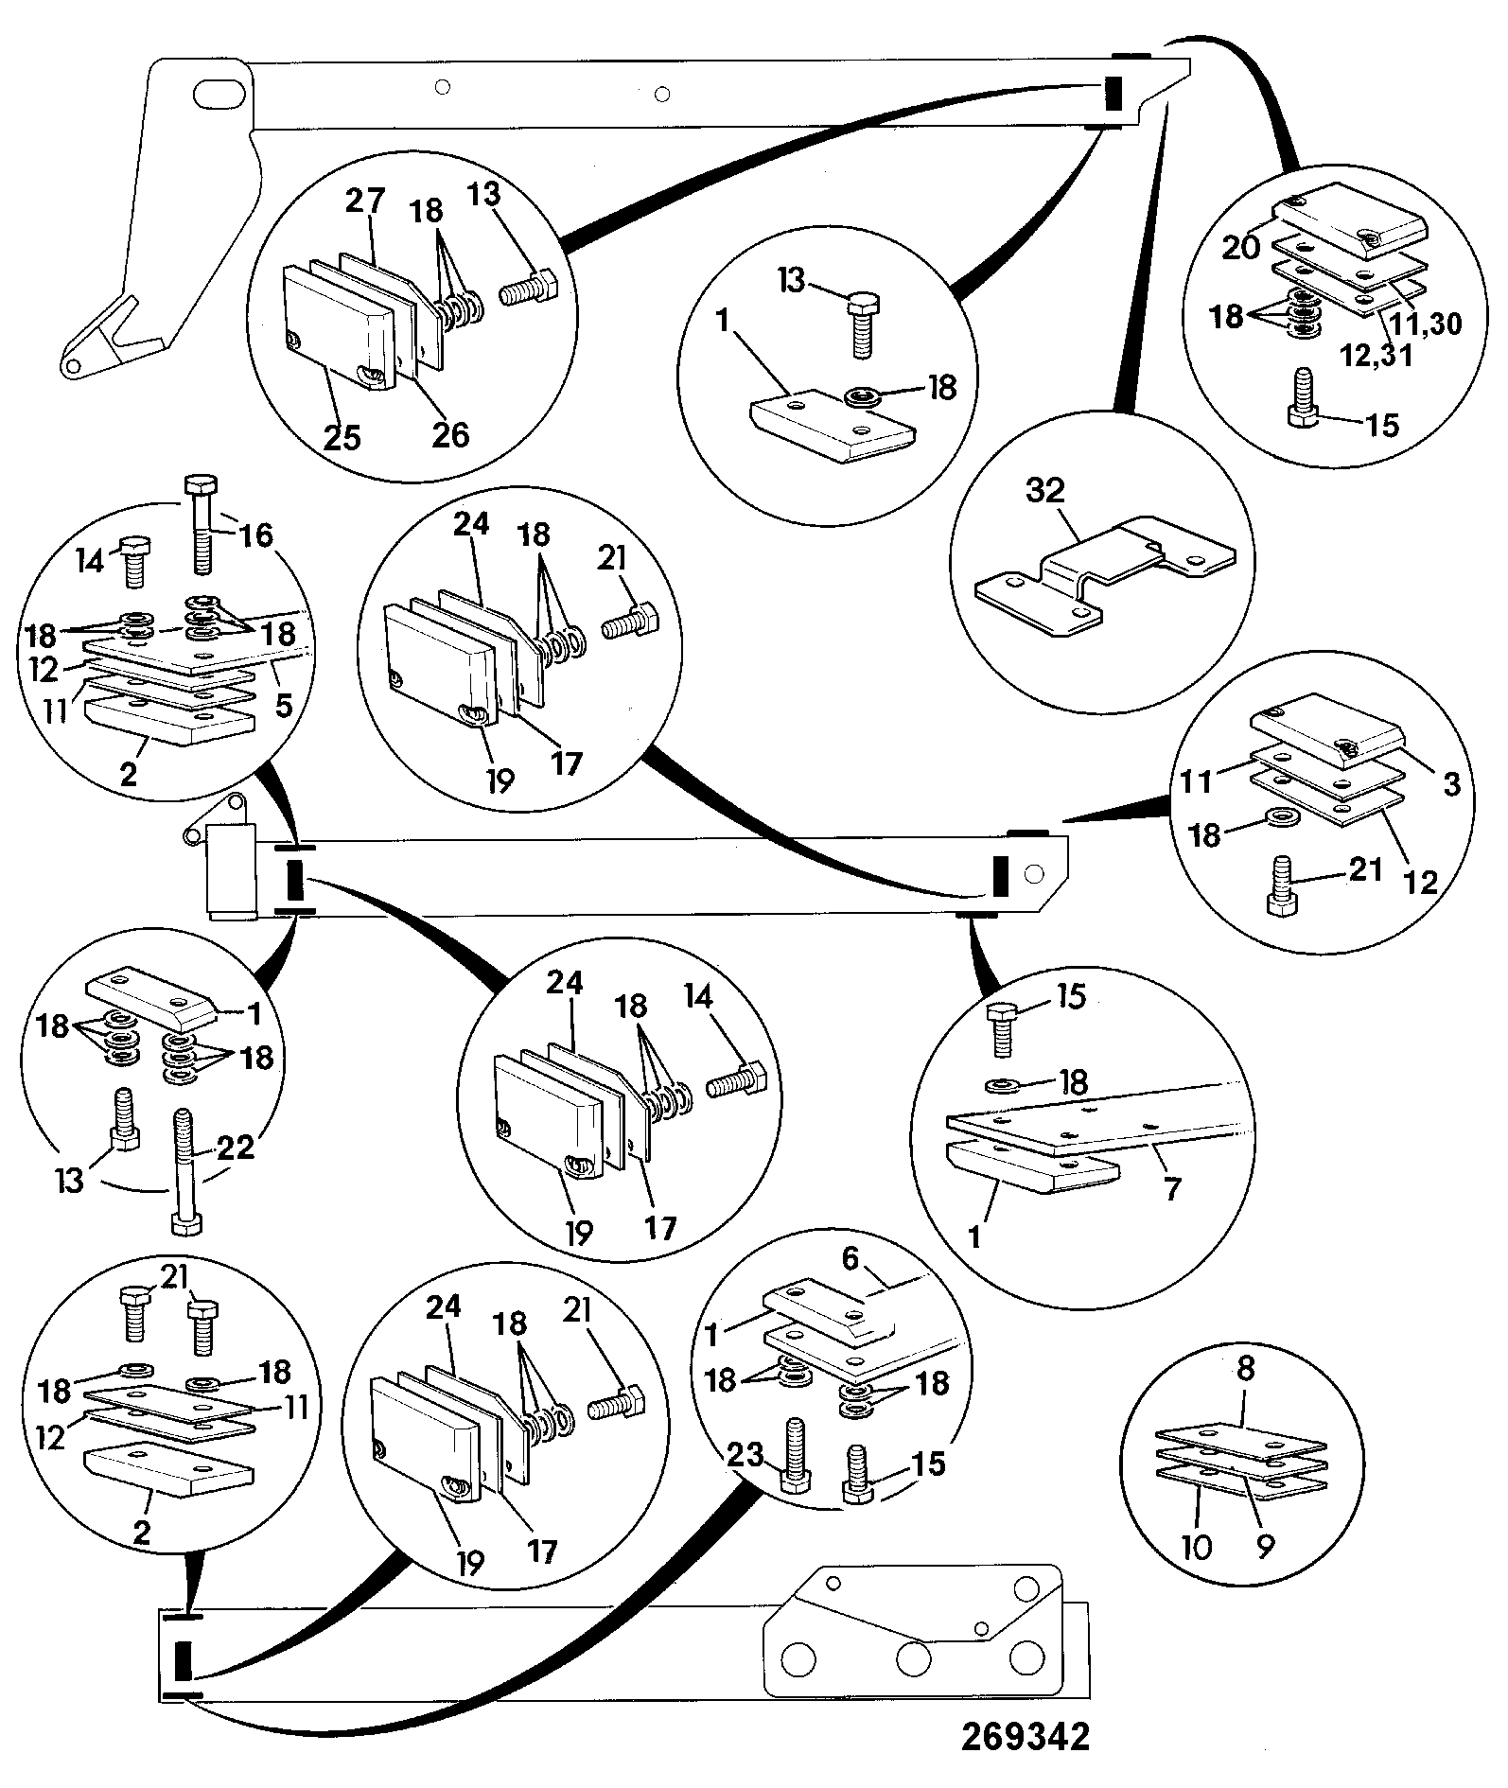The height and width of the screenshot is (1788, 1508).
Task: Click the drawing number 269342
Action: point(1026,1737)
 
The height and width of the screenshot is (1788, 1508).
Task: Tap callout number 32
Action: point(1044,491)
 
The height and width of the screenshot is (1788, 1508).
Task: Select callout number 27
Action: point(364,202)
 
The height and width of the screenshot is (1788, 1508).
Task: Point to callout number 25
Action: point(342,438)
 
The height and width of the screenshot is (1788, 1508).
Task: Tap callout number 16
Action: point(255,535)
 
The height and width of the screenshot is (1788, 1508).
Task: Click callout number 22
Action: point(237,1148)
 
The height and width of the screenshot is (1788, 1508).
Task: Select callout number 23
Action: point(744,1454)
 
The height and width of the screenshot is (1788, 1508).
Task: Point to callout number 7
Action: point(1172,1188)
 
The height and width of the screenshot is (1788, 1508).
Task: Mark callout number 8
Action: point(1246,1369)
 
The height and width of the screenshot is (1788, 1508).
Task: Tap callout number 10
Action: point(1197,1548)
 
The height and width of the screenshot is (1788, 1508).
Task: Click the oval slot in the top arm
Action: point(219,96)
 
